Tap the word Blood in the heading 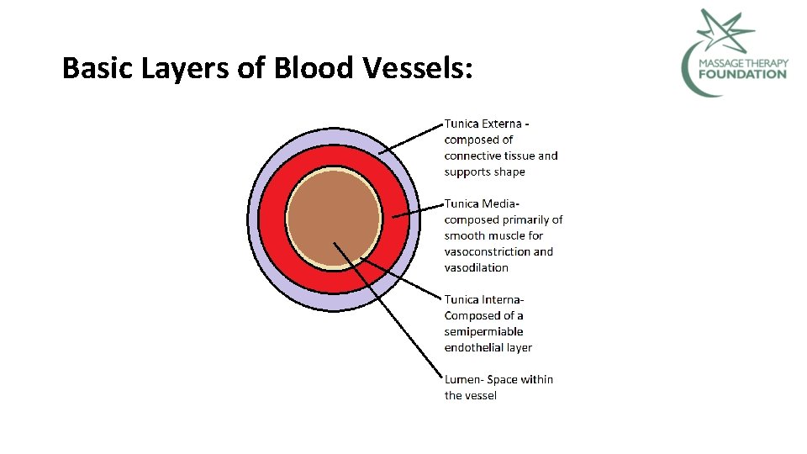[314, 67]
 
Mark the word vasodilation [477, 267]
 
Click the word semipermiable [483, 331]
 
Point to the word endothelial [476, 347]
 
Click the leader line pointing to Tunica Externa [411, 139]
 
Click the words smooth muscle [494, 235]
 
